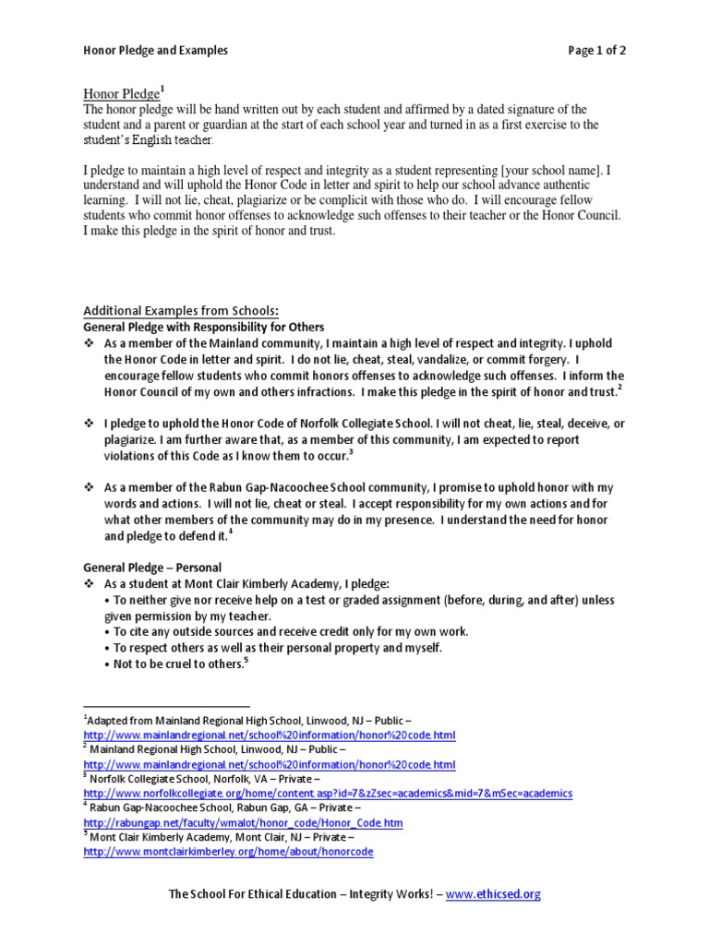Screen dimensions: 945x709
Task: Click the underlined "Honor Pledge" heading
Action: (x=121, y=93)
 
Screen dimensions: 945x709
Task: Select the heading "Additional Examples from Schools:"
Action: (x=181, y=310)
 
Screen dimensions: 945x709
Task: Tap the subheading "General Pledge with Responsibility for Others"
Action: (x=204, y=327)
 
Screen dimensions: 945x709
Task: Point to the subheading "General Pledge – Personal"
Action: (x=152, y=567)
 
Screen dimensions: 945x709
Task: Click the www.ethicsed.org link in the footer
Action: (x=493, y=893)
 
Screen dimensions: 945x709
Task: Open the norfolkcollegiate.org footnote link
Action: (x=328, y=794)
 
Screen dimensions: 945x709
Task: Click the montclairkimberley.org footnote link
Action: (x=228, y=852)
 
